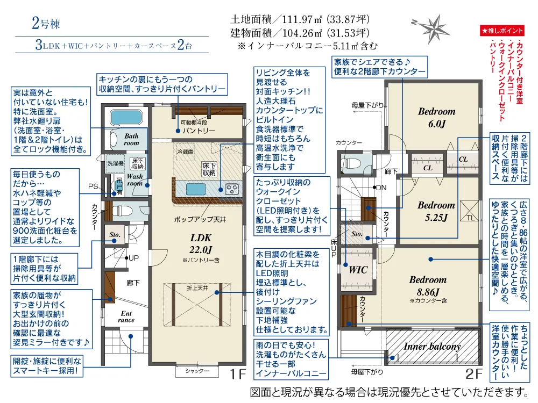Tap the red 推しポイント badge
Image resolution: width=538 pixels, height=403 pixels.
502,31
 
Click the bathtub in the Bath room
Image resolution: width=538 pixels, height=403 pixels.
126,117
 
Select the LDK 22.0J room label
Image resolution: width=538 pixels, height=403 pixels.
201,243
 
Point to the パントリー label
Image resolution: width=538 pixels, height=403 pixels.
199,131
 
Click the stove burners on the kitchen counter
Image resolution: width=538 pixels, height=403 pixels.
231,189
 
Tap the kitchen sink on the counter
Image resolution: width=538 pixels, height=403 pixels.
196,189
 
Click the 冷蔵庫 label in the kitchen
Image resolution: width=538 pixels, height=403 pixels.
185,152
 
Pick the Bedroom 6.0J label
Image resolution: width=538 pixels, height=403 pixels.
436,118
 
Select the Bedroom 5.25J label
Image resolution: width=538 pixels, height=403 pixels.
436,211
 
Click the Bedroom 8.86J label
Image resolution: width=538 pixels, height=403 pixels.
428,286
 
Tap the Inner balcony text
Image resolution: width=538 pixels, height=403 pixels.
433,347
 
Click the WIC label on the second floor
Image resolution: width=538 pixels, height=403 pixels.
358,270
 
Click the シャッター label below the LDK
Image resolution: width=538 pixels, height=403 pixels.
197,371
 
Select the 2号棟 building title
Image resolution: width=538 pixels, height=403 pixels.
46,23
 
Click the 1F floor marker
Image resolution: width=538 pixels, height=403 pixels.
237,374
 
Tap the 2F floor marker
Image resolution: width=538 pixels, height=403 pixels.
474,374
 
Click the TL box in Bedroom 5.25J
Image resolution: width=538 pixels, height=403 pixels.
469,211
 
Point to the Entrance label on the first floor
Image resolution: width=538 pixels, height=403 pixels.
126,316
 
